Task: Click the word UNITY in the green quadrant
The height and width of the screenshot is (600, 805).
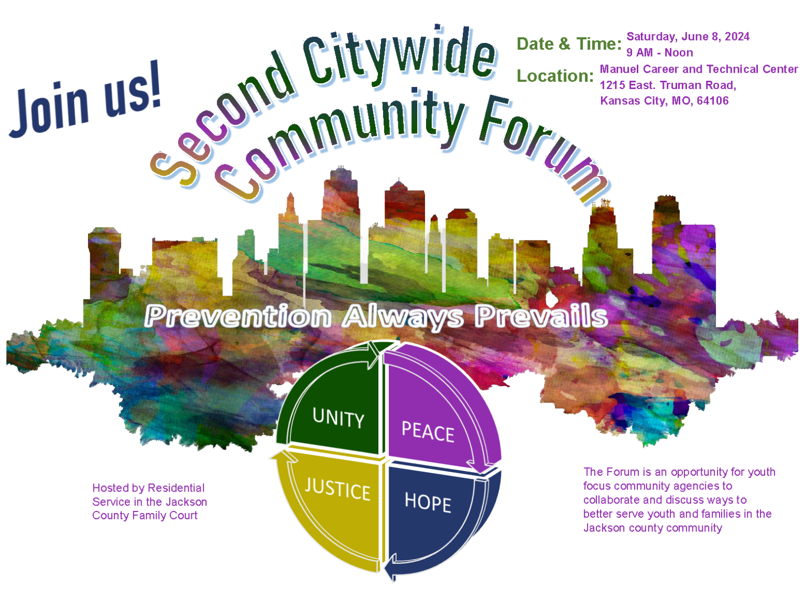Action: (338, 418)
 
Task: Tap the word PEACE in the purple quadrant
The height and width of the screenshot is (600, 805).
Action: (428, 432)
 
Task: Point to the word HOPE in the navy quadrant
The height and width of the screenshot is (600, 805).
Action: (428, 502)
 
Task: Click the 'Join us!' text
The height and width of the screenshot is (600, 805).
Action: (86, 100)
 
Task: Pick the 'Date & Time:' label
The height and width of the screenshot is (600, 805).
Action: (569, 44)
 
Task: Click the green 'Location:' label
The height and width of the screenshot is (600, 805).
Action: (555, 76)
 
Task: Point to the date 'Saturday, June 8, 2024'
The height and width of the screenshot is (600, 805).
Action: (688, 37)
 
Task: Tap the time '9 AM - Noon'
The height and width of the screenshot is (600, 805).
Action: (659, 53)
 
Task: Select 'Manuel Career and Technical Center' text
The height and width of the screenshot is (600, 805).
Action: (699, 69)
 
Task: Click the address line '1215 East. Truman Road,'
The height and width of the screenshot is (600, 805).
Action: (668, 85)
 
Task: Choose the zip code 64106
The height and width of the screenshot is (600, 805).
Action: (713, 101)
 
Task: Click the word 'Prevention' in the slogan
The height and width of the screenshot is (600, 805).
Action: (238, 317)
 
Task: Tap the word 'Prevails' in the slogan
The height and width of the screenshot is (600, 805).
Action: (541, 317)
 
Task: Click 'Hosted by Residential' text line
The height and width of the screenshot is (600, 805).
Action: (148, 488)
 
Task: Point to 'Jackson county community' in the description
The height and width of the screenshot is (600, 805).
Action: (652, 528)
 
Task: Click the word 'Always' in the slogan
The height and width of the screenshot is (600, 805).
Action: (403, 317)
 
